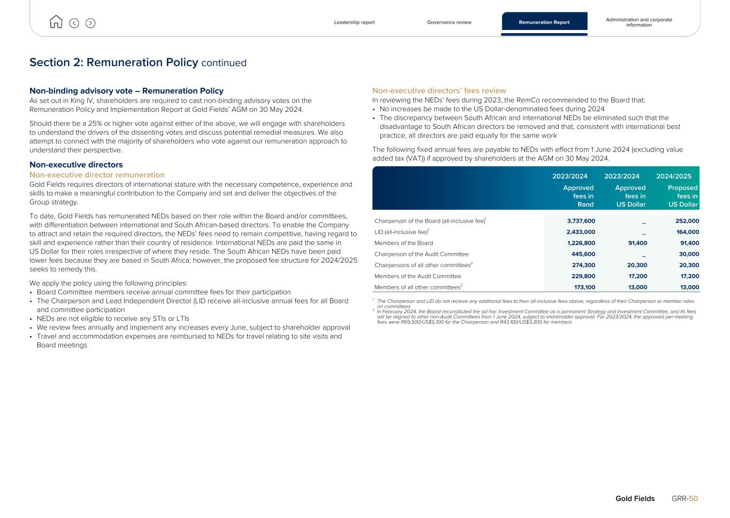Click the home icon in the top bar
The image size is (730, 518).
click(56, 22)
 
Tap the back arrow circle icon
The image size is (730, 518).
click(74, 23)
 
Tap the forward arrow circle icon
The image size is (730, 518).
click(90, 23)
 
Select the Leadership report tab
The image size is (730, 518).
click(354, 22)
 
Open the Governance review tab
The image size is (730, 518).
click(449, 22)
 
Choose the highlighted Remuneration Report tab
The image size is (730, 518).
click(544, 22)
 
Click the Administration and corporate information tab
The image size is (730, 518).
click(639, 22)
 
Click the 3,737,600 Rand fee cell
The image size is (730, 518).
click(581, 221)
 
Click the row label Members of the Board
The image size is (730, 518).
click(404, 243)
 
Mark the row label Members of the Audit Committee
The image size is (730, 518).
click(418, 277)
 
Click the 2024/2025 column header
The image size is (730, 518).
click(673, 176)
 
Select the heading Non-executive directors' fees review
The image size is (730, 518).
click(439, 91)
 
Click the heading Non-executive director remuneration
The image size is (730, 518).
click(97, 175)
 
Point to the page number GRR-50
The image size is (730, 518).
click(685, 499)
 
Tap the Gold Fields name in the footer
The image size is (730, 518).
click(635, 499)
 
